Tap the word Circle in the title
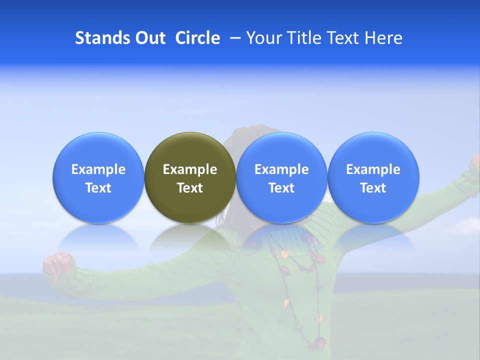197,38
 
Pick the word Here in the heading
383,38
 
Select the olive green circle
190,177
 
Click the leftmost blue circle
98,177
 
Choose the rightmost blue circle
373,177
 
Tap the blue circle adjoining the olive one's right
281,177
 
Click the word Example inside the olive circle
190,169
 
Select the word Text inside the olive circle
190,188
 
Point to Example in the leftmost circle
98,169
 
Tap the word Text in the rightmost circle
373,188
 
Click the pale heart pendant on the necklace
284,254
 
